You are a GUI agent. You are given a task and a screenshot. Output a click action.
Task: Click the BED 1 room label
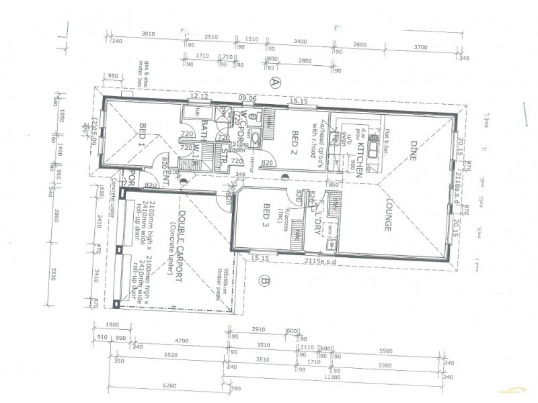pyautogui.click(x=143, y=137)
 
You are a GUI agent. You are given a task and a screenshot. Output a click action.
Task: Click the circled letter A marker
pyautogui.click(x=274, y=83)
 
